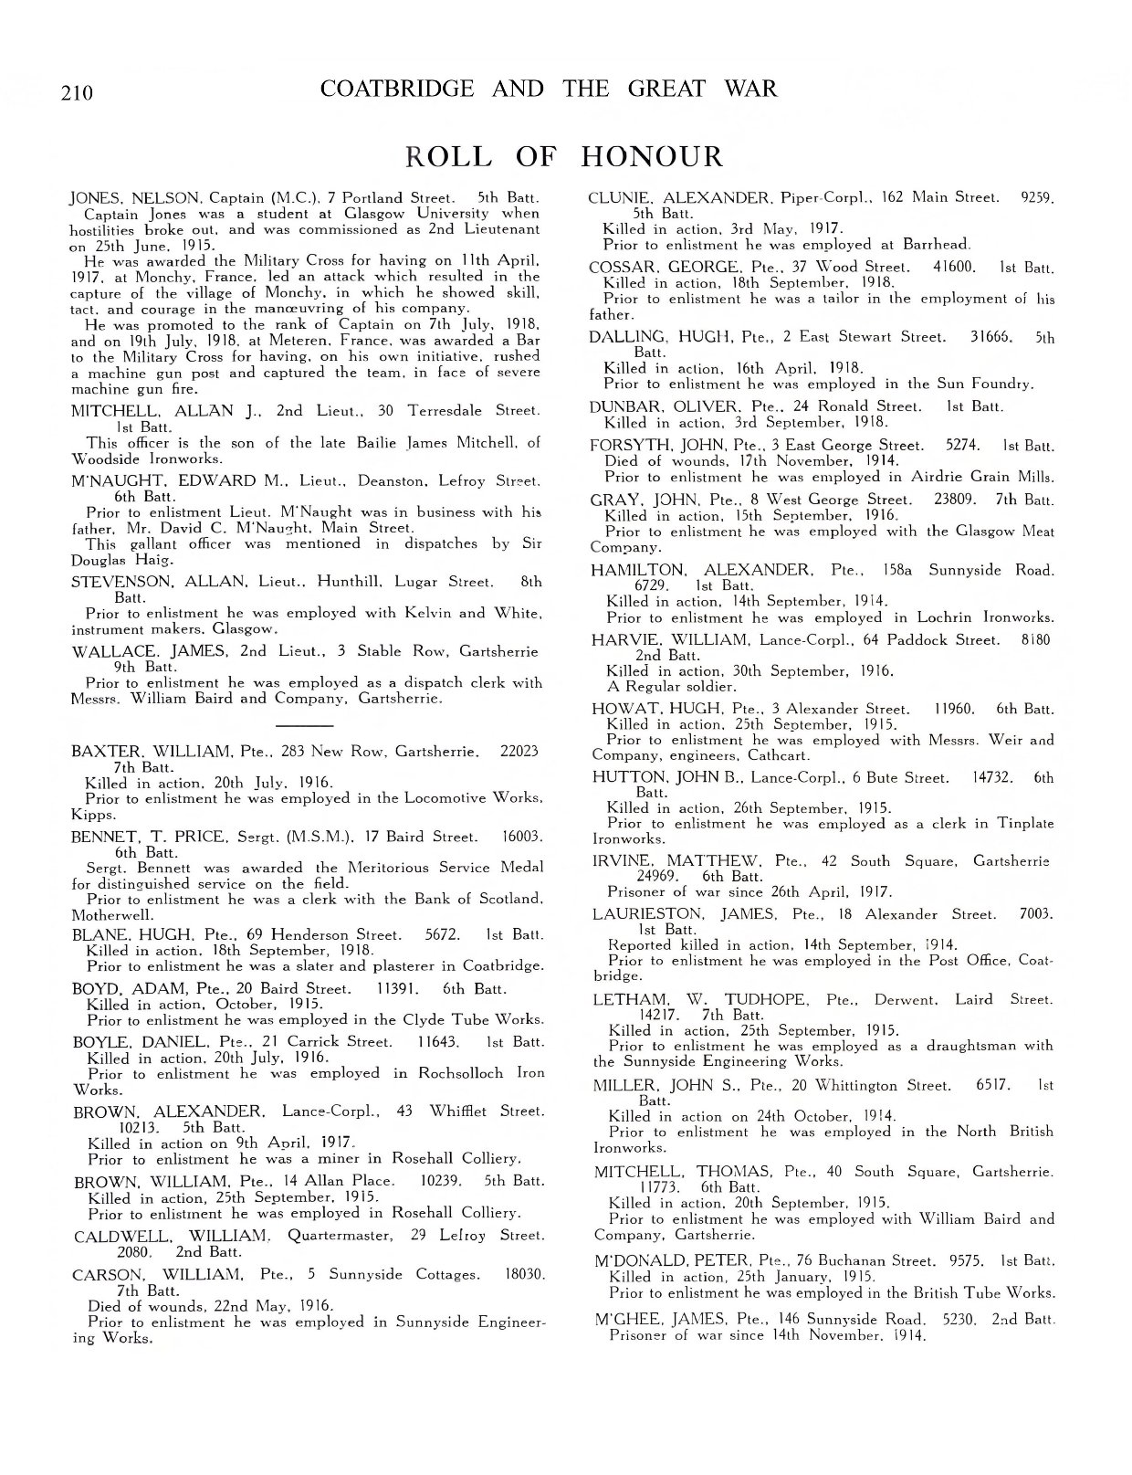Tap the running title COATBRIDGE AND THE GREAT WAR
(549, 89)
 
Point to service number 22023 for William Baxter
(520, 752)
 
